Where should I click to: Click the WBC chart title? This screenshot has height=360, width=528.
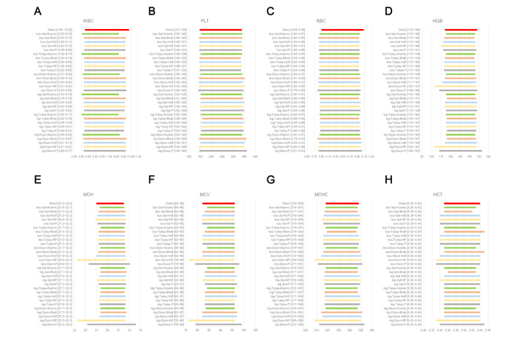coord(88,20)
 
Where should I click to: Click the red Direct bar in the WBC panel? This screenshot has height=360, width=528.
coord(107,30)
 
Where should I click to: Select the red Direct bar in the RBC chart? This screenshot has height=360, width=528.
coord(343,30)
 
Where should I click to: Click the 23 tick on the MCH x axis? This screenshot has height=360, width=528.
coord(75,332)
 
